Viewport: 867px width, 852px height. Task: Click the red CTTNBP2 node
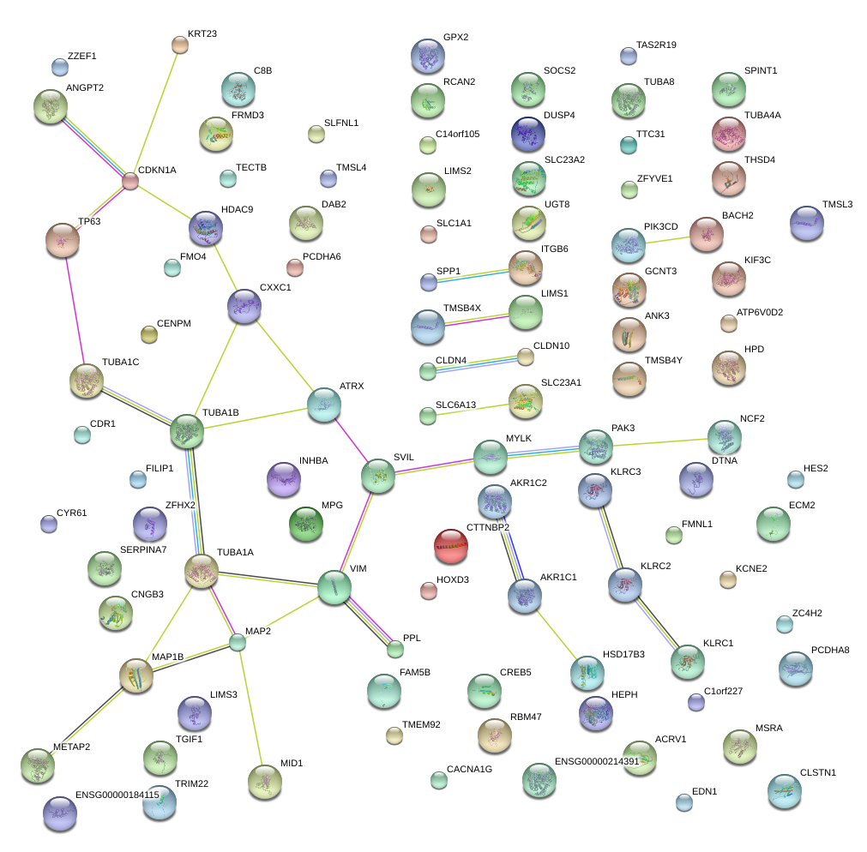pyautogui.click(x=451, y=547)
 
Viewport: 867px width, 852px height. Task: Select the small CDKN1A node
pyautogui.click(x=130, y=182)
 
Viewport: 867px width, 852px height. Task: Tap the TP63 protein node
pyautogui.click(x=63, y=240)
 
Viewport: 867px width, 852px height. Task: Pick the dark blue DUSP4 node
pyautogui.click(x=527, y=133)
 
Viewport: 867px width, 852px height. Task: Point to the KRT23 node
pyautogui.click(x=180, y=45)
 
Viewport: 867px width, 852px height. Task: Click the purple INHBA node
pyautogui.click(x=284, y=479)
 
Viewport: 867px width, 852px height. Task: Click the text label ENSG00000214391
pyautogui.click(x=597, y=761)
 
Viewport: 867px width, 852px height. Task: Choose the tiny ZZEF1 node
pyautogui.click(x=60, y=67)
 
